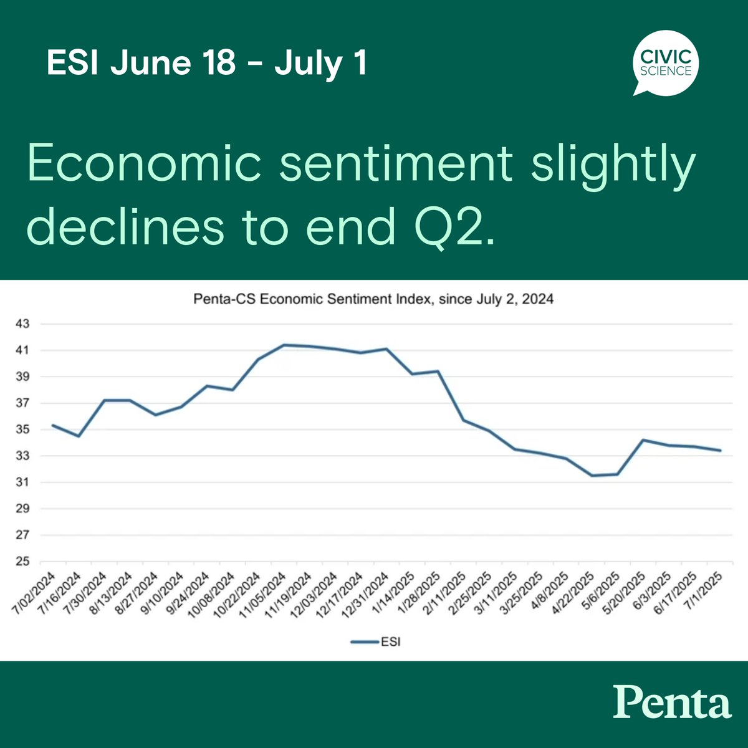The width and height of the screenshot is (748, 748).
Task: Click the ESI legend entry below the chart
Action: [x=375, y=641]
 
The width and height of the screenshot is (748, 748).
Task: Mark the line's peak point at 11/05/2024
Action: [x=284, y=345]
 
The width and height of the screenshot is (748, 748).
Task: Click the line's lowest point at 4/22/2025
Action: [x=592, y=476]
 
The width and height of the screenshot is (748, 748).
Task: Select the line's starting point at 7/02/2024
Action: [x=52, y=425]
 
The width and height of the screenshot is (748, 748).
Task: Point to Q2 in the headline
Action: [x=458, y=228]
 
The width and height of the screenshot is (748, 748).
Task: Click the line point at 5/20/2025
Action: [x=643, y=440]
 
